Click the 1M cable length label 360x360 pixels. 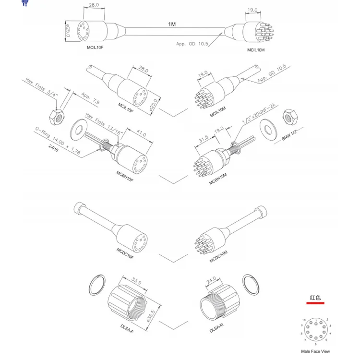coord(172,24)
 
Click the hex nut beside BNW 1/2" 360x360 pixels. coord(290,116)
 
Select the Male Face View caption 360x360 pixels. coord(315,351)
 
